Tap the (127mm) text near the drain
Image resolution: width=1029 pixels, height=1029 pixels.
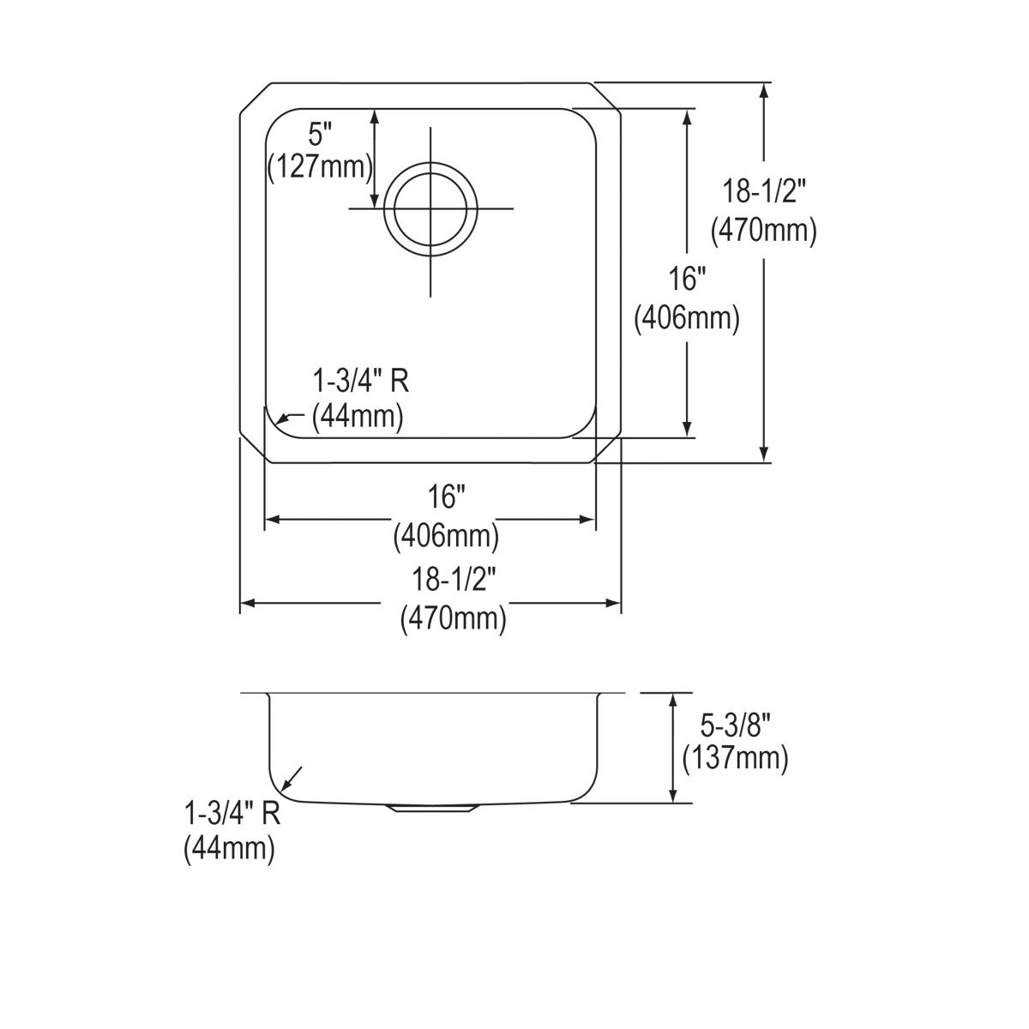click(x=320, y=166)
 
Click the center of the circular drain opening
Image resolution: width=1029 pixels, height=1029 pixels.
click(x=430, y=208)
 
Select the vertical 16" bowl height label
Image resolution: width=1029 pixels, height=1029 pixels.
click(x=686, y=280)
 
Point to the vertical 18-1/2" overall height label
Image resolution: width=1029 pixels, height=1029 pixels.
click(x=763, y=191)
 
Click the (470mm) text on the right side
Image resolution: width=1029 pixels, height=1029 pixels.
click(x=763, y=230)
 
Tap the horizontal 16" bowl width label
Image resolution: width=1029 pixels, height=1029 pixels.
click(x=446, y=496)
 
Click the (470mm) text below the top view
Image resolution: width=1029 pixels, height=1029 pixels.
click(x=453, y=618)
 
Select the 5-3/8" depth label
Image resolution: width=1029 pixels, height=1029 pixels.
click(x=735, y=726)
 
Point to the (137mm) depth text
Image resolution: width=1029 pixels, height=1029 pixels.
click(x=735, y=758)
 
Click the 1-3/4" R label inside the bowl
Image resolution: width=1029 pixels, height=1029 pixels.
click(x=360, y=381)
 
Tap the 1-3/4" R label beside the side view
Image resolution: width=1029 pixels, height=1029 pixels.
click(x=232, y=812)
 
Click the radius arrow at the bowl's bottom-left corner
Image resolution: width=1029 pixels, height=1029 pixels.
click(x=287, y=418)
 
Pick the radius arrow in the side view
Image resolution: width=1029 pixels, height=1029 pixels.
click(x=291, y=778)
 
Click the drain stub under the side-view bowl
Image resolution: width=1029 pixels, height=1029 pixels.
click(x=432, y=808)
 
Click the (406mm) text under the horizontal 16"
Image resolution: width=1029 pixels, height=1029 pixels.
click(x=446, y=537)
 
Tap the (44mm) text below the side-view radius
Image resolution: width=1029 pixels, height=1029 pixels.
click(x=229, y=849)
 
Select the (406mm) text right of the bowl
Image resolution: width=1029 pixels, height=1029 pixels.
click(x=686, y=318)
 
